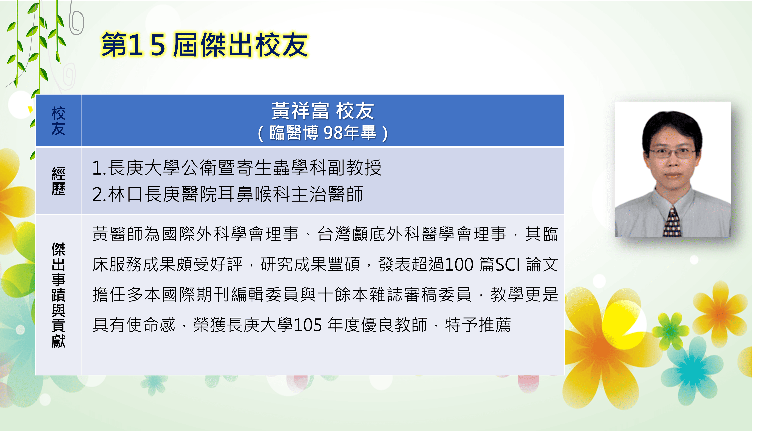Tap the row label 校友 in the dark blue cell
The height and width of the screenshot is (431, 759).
pyautogui.click(x=58, y=121)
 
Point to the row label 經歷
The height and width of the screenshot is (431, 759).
pyautogui.click(x=58, y=181)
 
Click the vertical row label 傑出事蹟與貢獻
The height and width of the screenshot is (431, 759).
pyautogui.click(x=58, y=295)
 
